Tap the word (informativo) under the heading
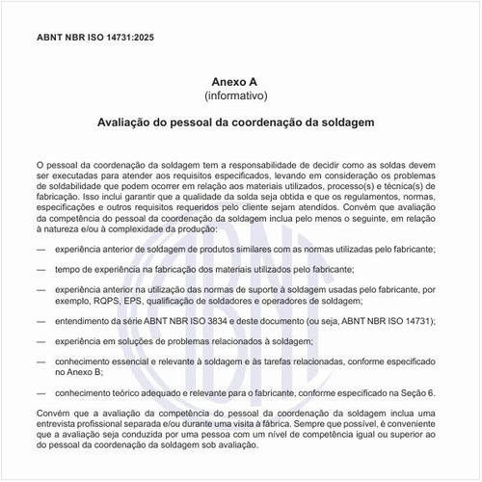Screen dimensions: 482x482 tap(242, 97)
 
